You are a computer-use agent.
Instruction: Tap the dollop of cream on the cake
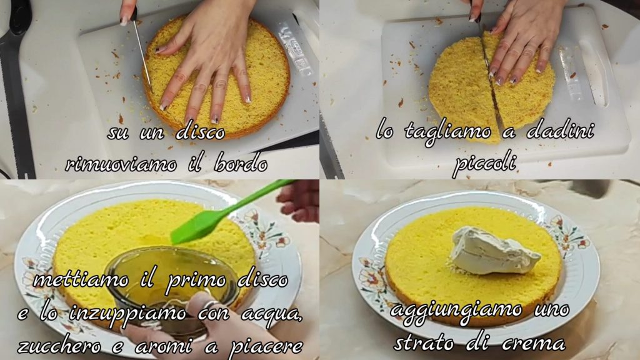point(494,251)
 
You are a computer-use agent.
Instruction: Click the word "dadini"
point(559,131)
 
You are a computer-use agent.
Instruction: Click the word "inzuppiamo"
point(130,314)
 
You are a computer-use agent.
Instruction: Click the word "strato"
point(424,343)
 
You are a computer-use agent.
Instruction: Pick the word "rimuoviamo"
point(121,164)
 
